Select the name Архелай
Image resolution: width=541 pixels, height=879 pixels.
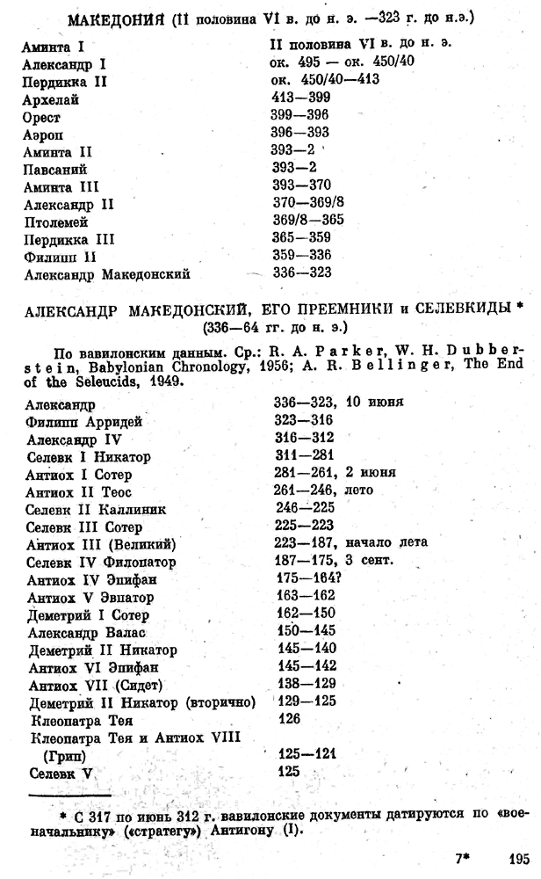[x=50, y=100]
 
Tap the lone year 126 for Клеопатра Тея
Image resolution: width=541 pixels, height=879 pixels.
[x=287, y=718]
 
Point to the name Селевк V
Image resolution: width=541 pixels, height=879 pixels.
[x=60, y=772]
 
